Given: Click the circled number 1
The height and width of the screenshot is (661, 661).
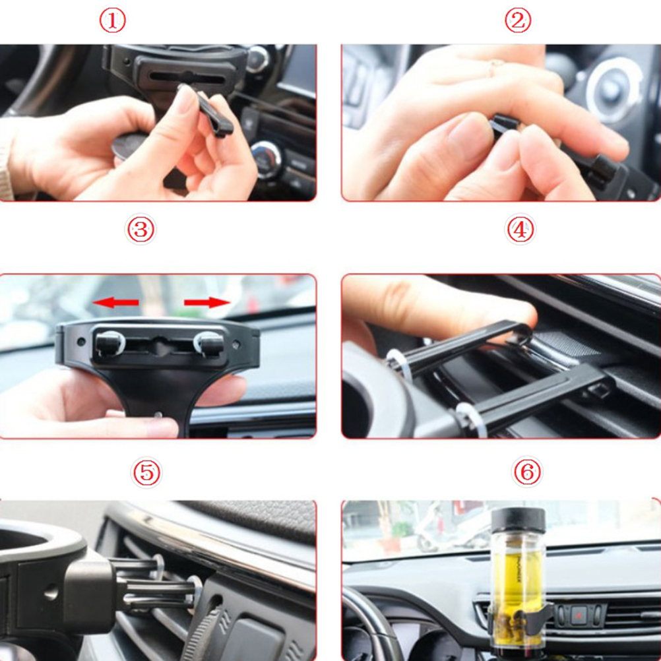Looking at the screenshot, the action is [113, 20].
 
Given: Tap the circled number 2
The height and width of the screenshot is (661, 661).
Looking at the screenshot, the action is [518, 20].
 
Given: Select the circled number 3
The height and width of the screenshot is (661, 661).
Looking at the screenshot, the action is [141, 230].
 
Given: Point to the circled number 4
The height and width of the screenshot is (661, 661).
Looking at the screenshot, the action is [520, 230].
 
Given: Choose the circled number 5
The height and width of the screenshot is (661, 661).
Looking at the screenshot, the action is [146, 472].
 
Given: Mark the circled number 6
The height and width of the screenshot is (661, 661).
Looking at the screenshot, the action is [527, 472].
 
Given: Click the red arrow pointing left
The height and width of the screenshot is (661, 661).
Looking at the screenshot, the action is [115, 302].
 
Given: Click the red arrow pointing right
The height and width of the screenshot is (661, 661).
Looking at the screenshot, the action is [207, 302].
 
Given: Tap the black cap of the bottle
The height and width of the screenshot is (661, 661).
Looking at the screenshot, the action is [518, 520].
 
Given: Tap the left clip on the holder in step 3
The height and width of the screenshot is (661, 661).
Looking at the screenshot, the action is [110, 343].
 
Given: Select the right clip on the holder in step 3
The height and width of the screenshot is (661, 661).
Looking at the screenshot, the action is [209, 343].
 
